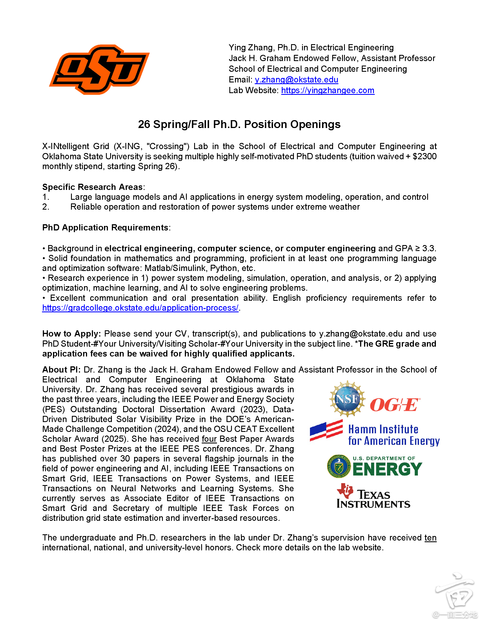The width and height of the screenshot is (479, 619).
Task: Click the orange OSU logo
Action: (99, 69)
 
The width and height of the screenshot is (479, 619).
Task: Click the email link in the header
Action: (296, 80)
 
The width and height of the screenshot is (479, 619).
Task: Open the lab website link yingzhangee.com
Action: (327, 91)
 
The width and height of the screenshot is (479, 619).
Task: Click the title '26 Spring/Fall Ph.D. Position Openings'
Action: (239, 124)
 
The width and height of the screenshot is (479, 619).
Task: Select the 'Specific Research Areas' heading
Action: (92, 187)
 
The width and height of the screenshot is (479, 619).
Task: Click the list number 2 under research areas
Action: (45, 207)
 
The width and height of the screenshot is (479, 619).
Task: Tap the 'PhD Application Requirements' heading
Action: (105, 228)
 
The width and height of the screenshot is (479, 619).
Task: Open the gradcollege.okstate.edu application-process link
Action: (140, 308)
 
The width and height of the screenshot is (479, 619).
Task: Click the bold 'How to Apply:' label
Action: (72, 334)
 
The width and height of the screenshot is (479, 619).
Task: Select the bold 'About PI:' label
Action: (61, 370)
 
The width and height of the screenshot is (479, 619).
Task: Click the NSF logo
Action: (347, 399)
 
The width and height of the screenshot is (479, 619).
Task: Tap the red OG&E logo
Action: (395, 405)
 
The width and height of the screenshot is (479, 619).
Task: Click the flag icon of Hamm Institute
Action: (326, 430)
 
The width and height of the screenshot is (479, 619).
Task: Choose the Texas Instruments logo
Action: (373, 496)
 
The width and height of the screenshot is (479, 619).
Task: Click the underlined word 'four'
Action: (209, 439)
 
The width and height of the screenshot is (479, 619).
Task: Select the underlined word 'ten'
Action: (430, 538)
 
